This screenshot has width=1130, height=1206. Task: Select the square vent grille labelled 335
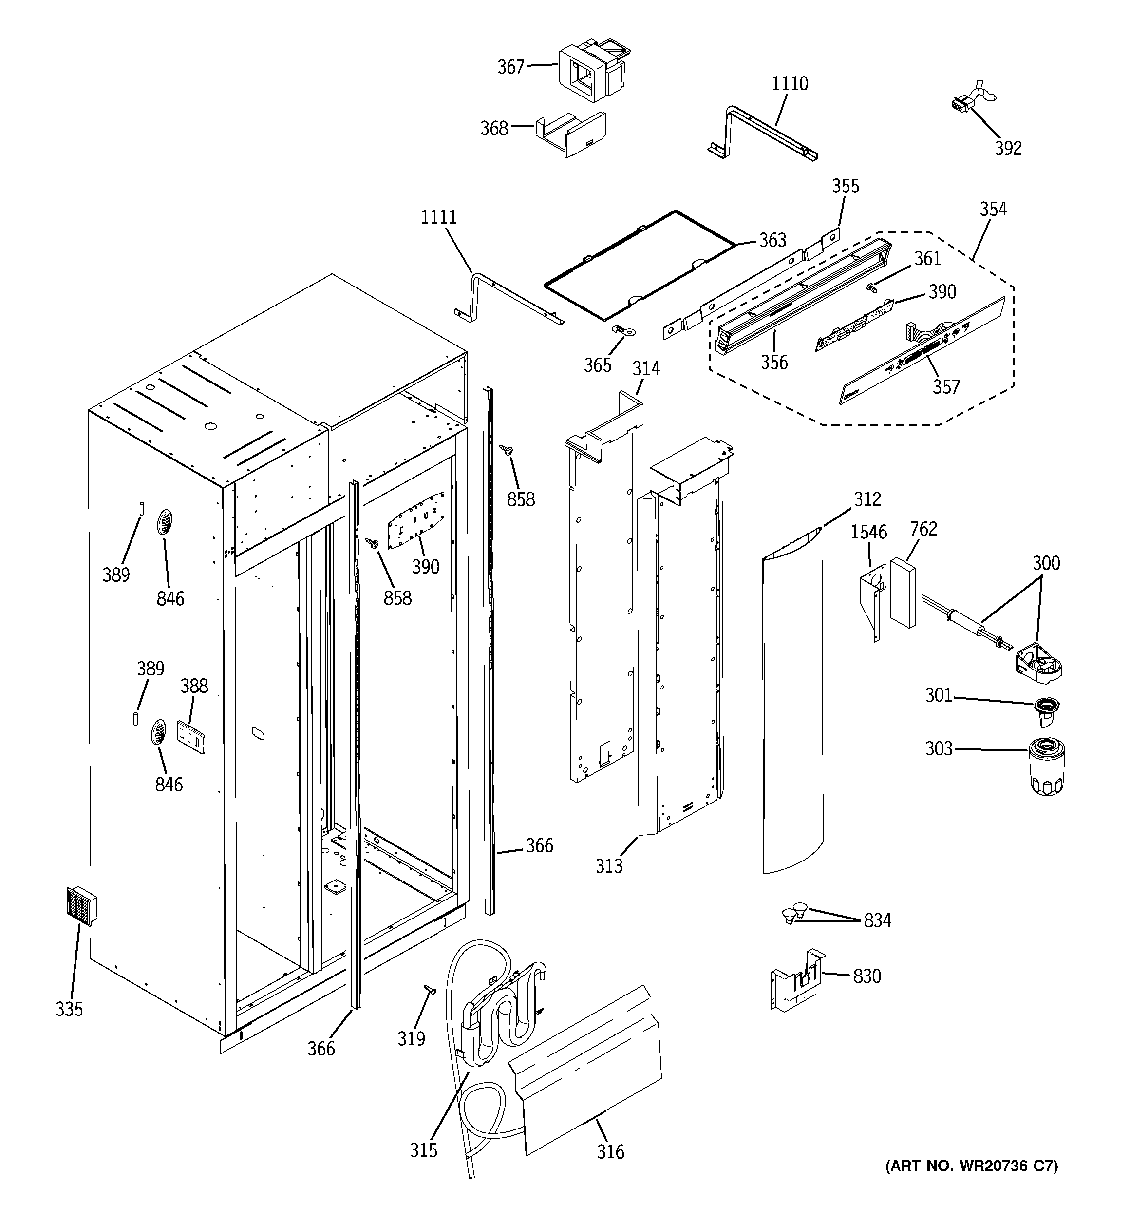pos(81,906)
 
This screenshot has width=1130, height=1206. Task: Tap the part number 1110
pos(789,84)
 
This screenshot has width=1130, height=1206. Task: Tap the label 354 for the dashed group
pos(993,210)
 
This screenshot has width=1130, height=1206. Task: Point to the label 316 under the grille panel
pos(610,1151)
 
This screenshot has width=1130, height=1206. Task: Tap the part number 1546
pos(868,532)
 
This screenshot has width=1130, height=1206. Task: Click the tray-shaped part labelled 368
pos(570,134)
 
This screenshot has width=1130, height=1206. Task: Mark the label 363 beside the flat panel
pos(772,241)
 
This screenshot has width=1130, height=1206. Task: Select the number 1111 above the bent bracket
pos(438,217)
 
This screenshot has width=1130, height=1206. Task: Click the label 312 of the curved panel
pos(867,499)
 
